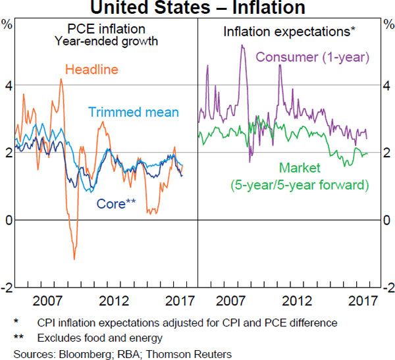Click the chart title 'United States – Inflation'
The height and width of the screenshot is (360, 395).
pos(197,8)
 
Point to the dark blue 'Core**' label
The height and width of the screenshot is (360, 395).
pos(116,203)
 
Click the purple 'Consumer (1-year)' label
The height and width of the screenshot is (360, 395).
pos(313,56)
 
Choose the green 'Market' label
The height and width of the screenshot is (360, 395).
pos(300,168)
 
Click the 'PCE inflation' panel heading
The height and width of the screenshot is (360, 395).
pos(107,30)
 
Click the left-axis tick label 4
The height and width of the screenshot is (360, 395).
pos(8,85)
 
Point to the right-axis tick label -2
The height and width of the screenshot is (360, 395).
pos(388,288)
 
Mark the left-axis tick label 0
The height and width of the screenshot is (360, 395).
pos(8,220)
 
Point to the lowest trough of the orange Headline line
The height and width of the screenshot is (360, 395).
pos(74,259)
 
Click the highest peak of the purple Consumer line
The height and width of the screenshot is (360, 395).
pos(242,45)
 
